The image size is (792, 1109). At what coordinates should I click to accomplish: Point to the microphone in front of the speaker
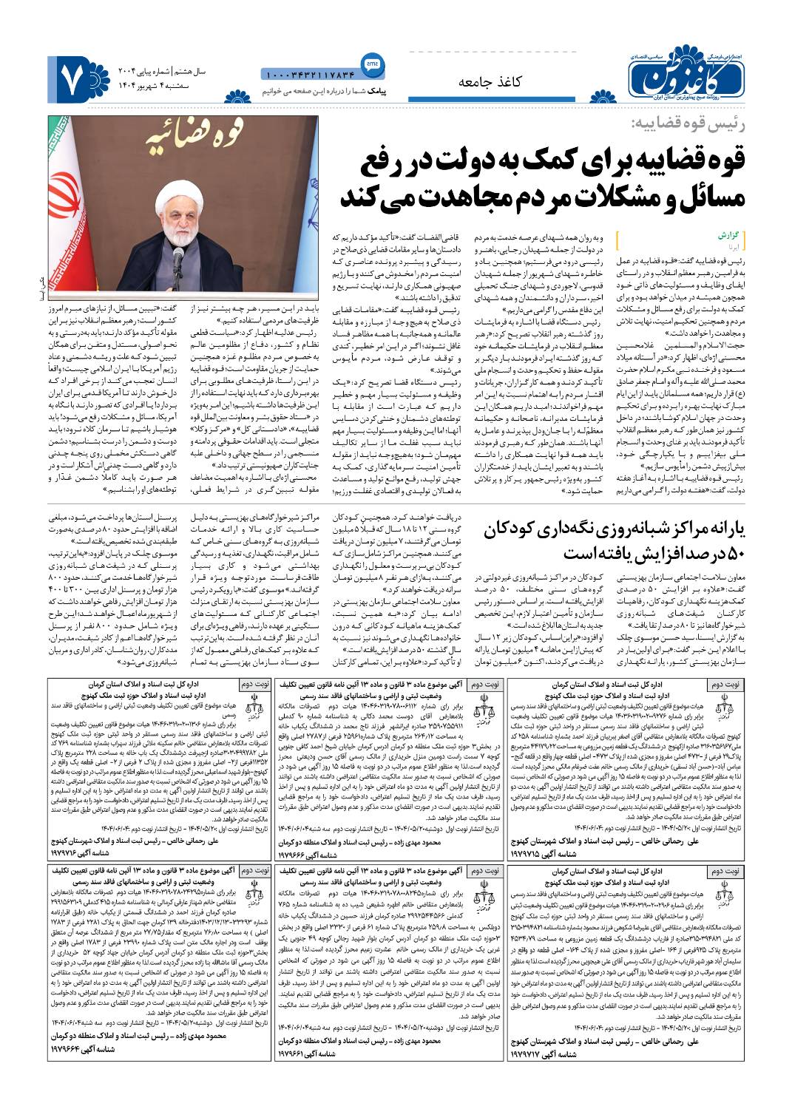tap(178, 259)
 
